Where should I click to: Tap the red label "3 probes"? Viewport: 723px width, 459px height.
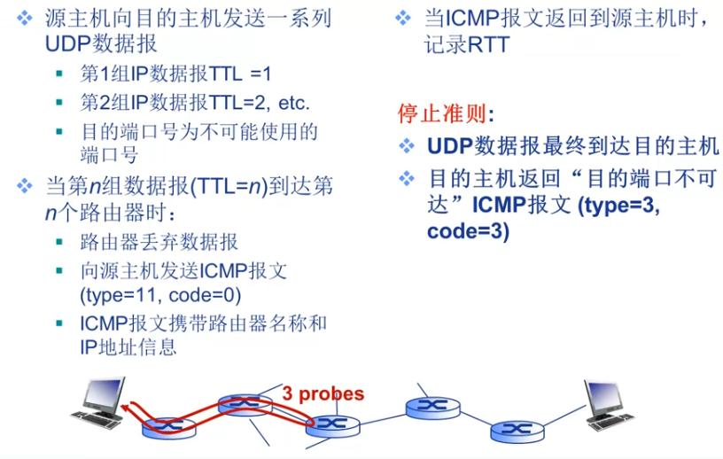323,393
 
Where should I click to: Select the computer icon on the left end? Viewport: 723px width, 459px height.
101,402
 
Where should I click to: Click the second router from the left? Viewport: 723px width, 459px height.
244,403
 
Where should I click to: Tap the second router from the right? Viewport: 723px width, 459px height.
433,407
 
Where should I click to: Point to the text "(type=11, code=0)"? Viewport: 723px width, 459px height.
160,294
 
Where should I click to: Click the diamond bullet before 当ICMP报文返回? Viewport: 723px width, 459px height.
405,18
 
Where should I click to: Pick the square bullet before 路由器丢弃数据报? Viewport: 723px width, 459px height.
59,242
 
